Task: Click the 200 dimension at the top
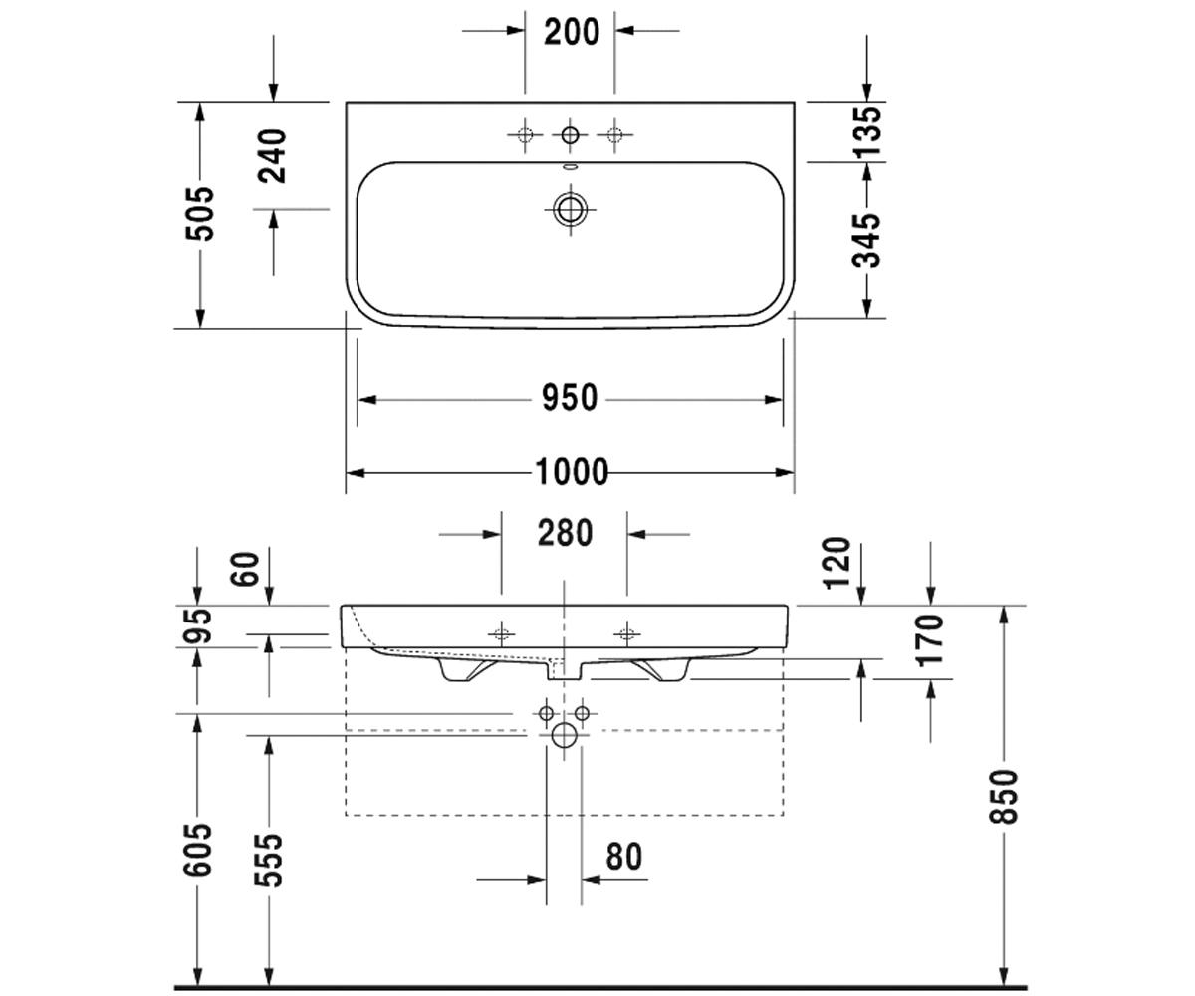(572, 32)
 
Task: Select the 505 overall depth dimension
(200, 213)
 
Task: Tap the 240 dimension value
(272, 156)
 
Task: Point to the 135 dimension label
(866, 132)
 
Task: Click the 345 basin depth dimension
(866, 241)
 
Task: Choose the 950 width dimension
(570, 398)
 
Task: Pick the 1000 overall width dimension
(572, 472)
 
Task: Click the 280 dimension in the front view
(565, 533)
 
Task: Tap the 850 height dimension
(1004, 797)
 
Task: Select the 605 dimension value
(197, 850)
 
